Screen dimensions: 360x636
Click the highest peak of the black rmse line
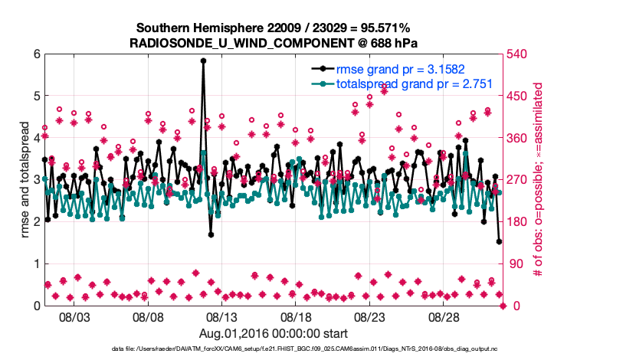(203, 61)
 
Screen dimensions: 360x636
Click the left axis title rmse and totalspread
(24, 180)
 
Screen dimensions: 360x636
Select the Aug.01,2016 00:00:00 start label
(274, 333)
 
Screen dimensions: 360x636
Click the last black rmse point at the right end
(499, 242)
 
